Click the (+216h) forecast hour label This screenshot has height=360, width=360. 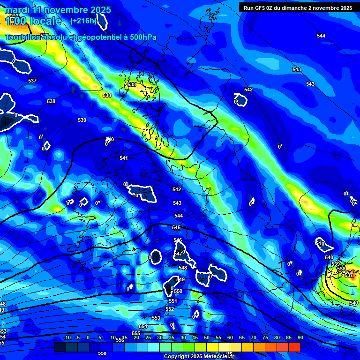(x=83, y=21)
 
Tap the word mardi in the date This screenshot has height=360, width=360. (x=16, y=10)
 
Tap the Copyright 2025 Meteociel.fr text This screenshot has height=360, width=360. (x=199, y=357)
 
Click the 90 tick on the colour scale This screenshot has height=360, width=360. (x=300, y=337)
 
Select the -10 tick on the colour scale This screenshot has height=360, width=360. (x=67, y=337)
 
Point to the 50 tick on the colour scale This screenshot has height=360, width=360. (x=207, y=337)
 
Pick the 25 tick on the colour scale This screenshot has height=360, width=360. (x=148, y=337)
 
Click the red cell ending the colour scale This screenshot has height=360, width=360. (x=294, y=347)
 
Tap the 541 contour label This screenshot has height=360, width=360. (x=123, y=158)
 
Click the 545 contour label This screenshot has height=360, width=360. (x=176, y=227)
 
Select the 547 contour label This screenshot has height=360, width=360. (x=178, y=254)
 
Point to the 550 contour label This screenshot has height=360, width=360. (x=178, y=291)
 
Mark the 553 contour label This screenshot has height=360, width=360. (x=156, y=318)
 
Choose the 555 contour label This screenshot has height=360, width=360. (x=136, y=333)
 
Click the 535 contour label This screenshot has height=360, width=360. (x=13, y=15)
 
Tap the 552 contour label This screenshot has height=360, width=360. (x=170, y=309)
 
